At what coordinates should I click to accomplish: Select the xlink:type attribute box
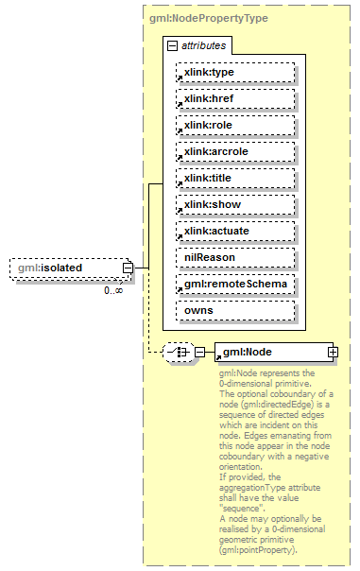click(x=235, y=72)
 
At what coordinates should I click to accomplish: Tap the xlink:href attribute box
click(x=235, y=98)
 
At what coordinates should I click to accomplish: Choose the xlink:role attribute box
click(x=235, y=125)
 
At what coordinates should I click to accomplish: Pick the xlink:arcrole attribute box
click(x=235, y=151)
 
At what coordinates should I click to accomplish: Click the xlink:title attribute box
click(x=235, y=178)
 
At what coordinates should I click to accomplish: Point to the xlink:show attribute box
click(x=235, y=204)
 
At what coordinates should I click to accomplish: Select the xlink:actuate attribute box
click(x=235, y=231)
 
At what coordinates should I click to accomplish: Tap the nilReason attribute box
click(x=235, y=257)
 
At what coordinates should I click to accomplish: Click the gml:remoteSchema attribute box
click(x=235, y=284)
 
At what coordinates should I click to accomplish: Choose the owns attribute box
click(x=235, y=310)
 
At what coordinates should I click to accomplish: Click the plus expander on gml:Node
click(x=333, y=352)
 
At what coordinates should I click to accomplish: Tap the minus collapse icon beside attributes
click(x=172, y=45)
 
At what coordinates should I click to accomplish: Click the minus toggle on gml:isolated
click(x=127, y=268)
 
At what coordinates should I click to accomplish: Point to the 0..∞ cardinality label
click(x=113, y=289)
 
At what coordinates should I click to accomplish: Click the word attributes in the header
click(x=204, y=45)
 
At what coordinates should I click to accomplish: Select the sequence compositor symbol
click(x=177, y=352)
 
